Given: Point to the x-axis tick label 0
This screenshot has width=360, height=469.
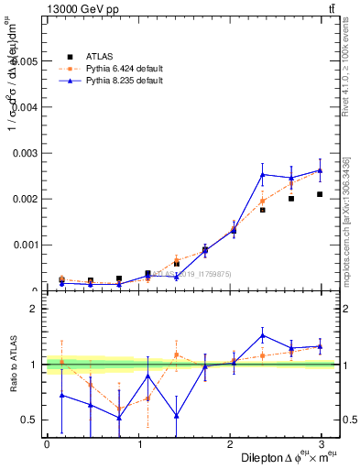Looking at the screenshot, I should [x=47, y=444].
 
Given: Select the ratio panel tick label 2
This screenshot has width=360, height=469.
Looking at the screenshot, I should [x=33, y=309].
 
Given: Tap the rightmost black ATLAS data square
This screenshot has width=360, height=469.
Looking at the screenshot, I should [x=320, y=194].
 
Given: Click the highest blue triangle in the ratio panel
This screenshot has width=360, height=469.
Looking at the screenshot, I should [x=262, y=335].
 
